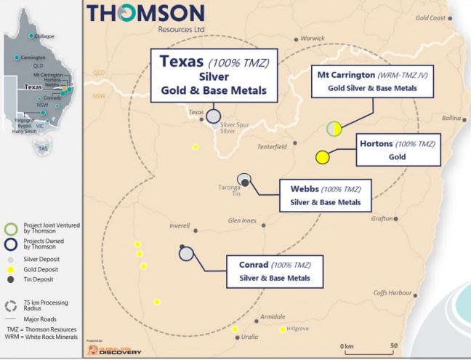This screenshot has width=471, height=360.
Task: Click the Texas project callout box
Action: point(211,74)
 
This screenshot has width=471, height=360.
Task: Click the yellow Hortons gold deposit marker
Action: point(323,157)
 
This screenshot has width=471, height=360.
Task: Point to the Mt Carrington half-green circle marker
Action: point(334,129)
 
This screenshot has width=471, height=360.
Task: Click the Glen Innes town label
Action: point(243,220)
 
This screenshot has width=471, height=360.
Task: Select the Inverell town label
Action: point(179,225)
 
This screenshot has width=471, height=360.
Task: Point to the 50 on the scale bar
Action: point(394,345)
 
